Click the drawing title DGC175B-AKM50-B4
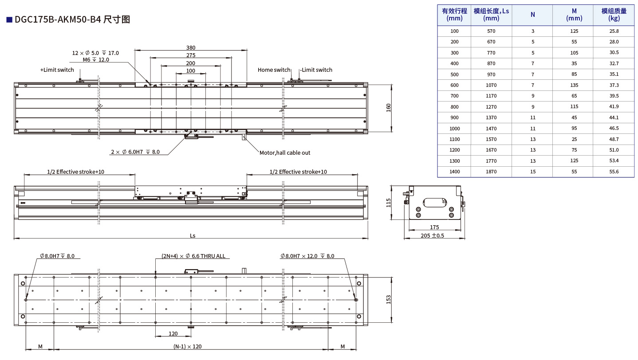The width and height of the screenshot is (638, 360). tap(58, 20)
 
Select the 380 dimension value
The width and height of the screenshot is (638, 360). tap(190, 47)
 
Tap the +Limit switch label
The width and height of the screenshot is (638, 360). tap(57, 70)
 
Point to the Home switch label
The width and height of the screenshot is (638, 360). tap(274, 70)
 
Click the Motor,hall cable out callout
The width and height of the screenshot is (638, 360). tap(284, 153)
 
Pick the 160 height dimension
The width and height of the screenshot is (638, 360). tap(388, 108)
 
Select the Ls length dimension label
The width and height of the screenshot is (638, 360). tap(193, 235)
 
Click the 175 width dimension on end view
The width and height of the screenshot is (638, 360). tap(434, 227)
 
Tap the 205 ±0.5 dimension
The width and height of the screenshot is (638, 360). tap(432, 235)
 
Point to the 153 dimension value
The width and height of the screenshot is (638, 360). tap(388, 299)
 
